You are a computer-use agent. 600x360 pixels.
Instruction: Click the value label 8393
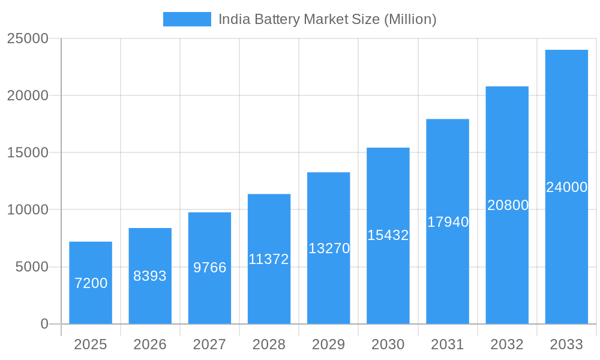point(150,276)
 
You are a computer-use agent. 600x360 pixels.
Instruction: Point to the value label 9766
point(209,268)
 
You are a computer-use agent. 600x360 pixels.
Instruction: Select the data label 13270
point(329,248)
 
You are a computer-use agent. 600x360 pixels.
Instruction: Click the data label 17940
point(448,222)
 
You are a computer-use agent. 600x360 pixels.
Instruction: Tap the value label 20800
point(508,205)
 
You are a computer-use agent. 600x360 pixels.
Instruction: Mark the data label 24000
point(566,187)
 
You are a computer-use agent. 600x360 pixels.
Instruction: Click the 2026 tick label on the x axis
point(150,344)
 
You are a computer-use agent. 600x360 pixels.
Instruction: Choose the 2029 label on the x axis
point(329,344)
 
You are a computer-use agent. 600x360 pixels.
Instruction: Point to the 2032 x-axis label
point(507,344)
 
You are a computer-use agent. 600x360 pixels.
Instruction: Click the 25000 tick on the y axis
point(27,38)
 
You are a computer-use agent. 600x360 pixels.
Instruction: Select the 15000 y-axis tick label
point(27,152)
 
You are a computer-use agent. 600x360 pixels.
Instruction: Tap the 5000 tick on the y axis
point(31,267)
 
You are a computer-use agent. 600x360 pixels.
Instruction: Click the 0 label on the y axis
point(44,324)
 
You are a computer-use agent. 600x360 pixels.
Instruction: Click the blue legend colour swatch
point(187,19)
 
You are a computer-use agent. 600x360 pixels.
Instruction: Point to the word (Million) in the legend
point(410,19)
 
